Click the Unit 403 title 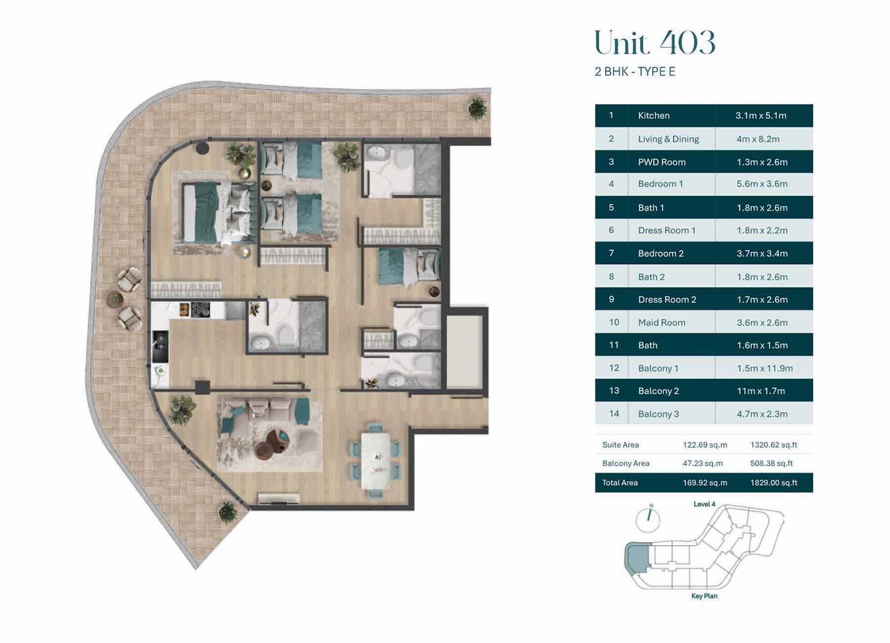[654, 43]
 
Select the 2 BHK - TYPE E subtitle [635, 72]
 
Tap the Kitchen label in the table [653, 116]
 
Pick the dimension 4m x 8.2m [758, 139]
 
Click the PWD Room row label [662, 162]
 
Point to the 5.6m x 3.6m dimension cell [762, 184]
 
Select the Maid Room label [662, 322]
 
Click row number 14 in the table [614, 414]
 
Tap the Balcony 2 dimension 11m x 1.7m [761, 391]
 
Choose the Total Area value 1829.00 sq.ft [774, 483]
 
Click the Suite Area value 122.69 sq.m [705, 445]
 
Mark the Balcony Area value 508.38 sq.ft [771, 463]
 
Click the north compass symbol [648, 518]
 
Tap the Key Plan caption [704, 596]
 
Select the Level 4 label [704, 504]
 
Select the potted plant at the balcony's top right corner [477, 108]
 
